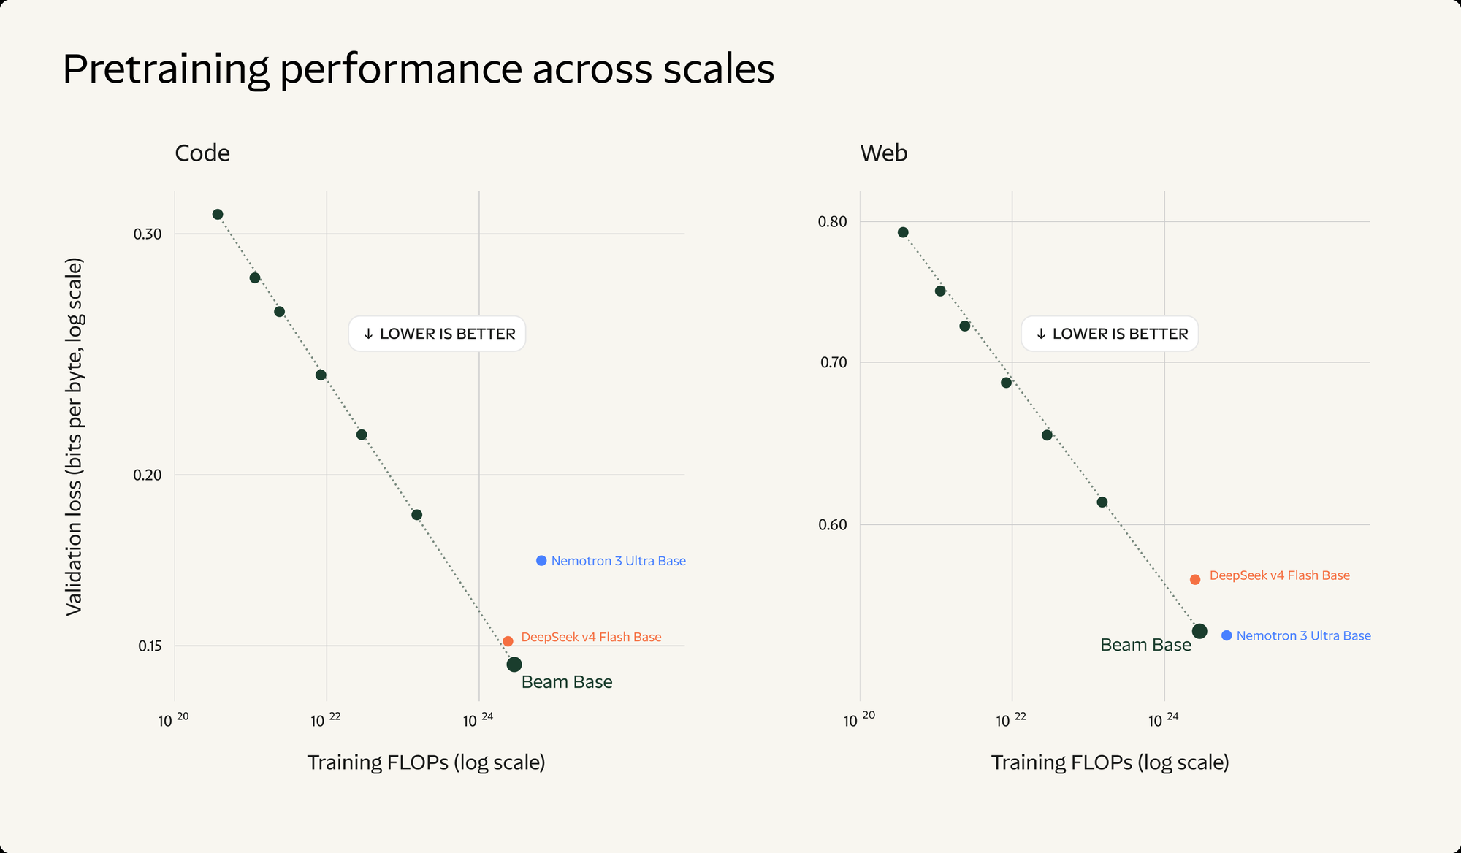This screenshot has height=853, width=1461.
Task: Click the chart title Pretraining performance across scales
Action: pyautogui.click(x=419, y=70)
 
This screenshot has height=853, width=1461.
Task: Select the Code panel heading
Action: pyautogui.click(x=202, y=153)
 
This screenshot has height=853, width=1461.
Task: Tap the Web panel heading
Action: pyautogui.click(x=884, y=153)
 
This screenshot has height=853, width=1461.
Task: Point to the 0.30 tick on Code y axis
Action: pyautogui.click(x=148, y=234)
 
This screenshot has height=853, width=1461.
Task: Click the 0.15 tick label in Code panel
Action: pyautogui.click(x=150, y=646)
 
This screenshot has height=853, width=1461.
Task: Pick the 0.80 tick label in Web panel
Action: pyautogui.click(x=833, y=221)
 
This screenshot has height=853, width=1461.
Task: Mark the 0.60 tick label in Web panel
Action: pyautogui.click(x=833, y=524)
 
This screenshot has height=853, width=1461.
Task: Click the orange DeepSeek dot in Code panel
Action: pyautogui.click(x=508, y=641)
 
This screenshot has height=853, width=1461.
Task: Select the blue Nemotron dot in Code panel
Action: pyautogui.click(x=541, y=561)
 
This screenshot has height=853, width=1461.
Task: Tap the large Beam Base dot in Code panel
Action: pyautogui.click(x=514, y=665)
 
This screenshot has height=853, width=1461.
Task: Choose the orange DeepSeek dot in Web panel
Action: pyautogui.click(x=1195, y=580)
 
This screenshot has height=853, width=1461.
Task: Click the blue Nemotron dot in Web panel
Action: pyautogui.click(x=1227, y=635)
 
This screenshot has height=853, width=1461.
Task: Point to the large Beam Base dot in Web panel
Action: pyautogui.click(x=1199, y=631)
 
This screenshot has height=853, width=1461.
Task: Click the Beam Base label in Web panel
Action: pyautogui.click(x=1145, y=645)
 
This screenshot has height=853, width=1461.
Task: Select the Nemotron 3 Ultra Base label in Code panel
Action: pyautogui.click(x=618, y=561)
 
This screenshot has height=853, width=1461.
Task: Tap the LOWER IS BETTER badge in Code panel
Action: pyautogui.click(x=437, y=334)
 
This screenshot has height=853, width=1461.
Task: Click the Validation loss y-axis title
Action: pyautogui.click(x=75, y=437)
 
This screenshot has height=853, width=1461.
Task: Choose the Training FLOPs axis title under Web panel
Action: pyautogui.click(x=1110, y=762)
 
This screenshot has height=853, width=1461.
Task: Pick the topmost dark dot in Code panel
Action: pyautogui.click(x=218, y=214)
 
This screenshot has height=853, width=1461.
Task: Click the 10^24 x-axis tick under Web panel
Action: pyautogui.click(x=1164, y=720)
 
